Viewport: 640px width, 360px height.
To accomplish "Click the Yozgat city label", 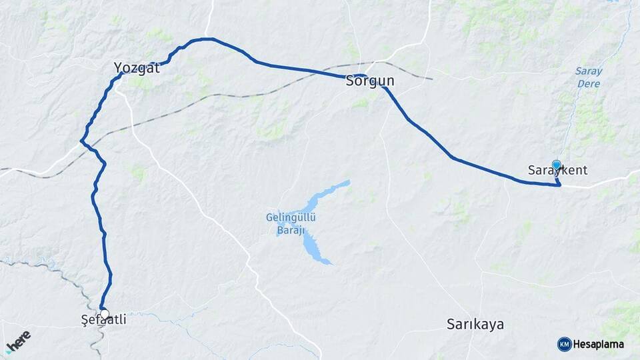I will (137, 67).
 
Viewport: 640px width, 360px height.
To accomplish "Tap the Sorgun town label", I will (370, 81).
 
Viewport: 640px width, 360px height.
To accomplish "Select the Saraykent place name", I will (557, 170).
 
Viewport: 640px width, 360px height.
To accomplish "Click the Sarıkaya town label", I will (475, 325).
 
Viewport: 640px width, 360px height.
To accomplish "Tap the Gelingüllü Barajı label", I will (291, 223).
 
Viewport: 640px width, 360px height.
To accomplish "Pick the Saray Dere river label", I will (588, 77).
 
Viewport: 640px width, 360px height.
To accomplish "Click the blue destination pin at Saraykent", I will (557, 165).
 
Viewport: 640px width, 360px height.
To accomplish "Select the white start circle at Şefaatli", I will (105, 313).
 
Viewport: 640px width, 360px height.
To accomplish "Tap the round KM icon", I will (564, 344).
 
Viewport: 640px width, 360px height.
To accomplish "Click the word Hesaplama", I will (599, 344).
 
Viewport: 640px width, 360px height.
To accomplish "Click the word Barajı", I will (291, 230).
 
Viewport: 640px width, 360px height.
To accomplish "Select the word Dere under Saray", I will (588, 84).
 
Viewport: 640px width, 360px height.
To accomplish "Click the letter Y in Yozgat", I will (118, 67).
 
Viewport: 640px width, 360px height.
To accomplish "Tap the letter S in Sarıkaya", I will (450, 325).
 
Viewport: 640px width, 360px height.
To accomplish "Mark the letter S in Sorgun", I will (350, 81).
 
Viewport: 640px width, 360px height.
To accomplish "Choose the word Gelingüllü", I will (291, 217).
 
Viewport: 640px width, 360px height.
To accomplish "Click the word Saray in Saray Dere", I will (588, 71).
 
